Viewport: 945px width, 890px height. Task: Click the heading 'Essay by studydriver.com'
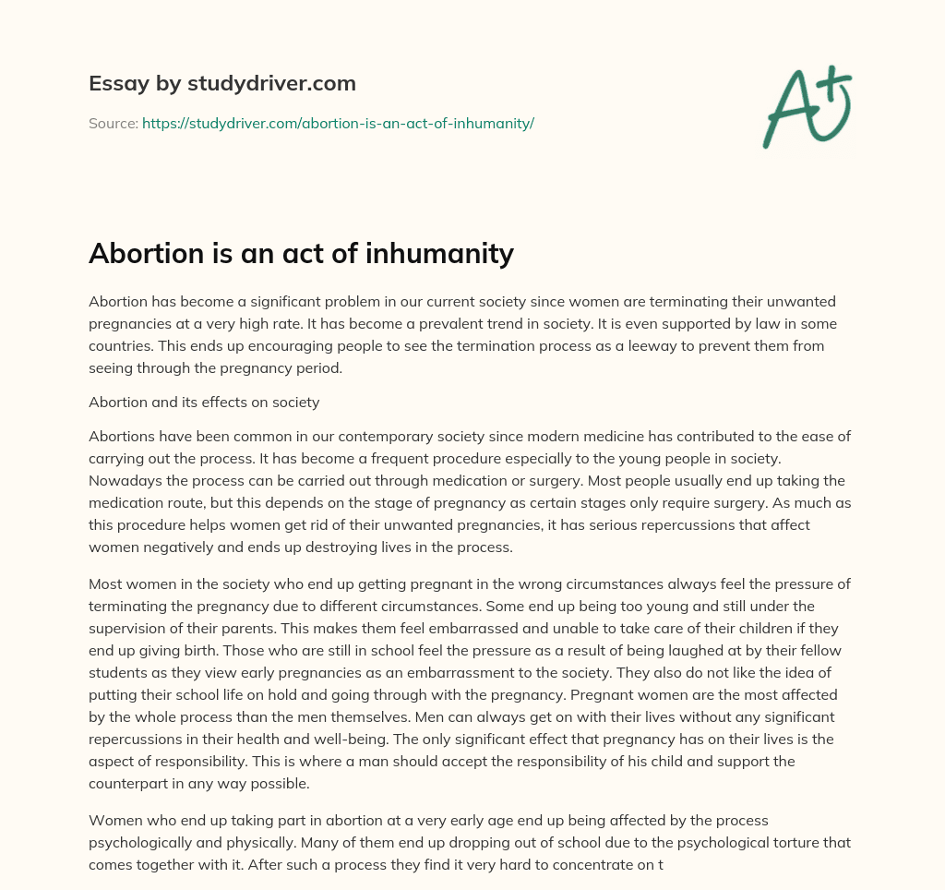222,83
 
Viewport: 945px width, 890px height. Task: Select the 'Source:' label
113,123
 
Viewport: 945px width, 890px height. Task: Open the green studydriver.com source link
338,123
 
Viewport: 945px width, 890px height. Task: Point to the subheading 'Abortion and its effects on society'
204,402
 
